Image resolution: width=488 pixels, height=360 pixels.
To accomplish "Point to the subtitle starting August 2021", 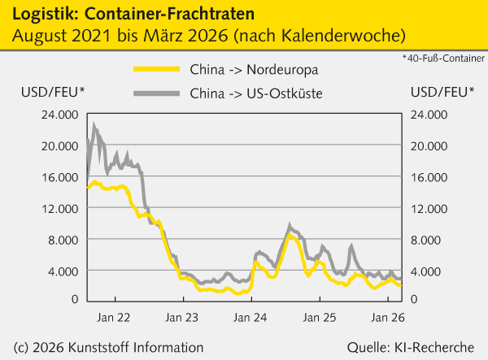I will pos(207,37).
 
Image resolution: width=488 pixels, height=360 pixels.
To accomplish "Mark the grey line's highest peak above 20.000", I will pos(94,125).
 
